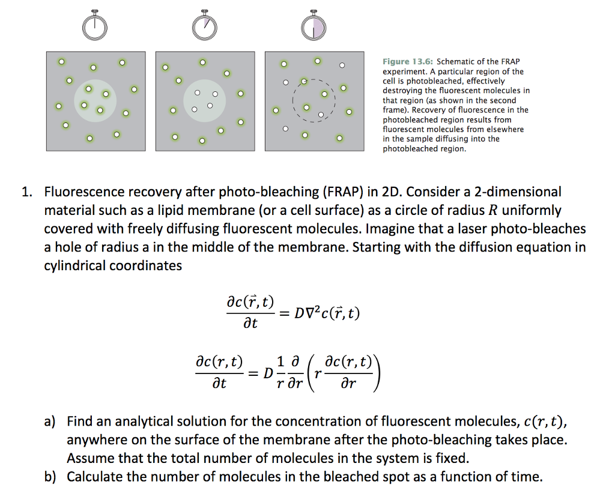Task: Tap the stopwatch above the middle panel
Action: (x=204, y=25)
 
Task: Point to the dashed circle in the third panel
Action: (x=314, y=101)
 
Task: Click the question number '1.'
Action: (x=26, y=193)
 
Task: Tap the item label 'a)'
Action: (x=50, y=422)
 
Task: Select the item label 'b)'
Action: (x=50, y=477)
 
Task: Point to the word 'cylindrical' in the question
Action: (x=76, y=265)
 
